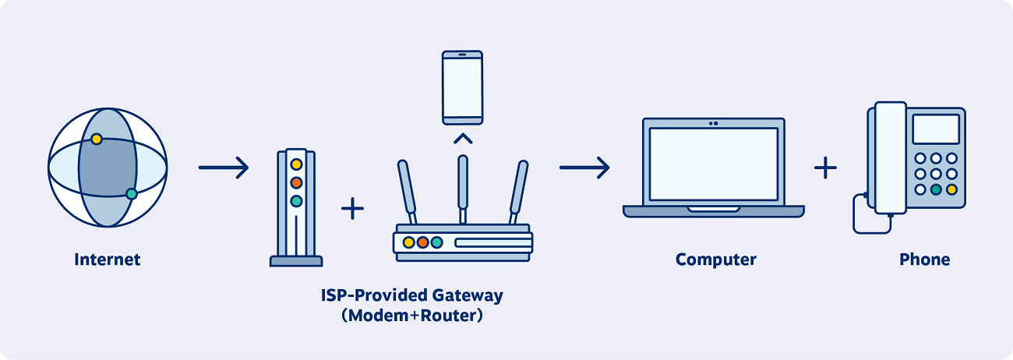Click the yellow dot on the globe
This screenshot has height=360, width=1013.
[97, 139]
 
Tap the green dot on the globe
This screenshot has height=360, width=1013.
[132, 194]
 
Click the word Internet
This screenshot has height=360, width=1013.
[108, 259]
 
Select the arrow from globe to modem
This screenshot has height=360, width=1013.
[224, 168]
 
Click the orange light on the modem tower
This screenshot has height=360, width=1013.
[296, 182]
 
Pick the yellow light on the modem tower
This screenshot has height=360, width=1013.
[296, 164]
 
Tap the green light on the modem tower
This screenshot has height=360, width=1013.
[296, 201]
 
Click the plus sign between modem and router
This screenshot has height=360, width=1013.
[352, 209]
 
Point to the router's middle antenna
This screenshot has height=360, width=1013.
[463, 189]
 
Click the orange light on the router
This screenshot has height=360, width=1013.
[423, 242]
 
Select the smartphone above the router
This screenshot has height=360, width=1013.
[463, 88]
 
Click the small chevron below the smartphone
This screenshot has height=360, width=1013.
[463, 139]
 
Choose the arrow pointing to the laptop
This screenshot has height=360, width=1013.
[584, 168]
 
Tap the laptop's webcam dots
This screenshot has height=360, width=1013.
[714, 123]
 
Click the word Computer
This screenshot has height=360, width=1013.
[716, 259]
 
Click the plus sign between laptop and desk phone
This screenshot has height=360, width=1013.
[825, 168]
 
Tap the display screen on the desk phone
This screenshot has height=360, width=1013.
[936, 129]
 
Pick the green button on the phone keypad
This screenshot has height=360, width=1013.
[936, 189]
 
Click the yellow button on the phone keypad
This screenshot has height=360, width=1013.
[952, 189]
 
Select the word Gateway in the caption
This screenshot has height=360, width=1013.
[468, 296]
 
